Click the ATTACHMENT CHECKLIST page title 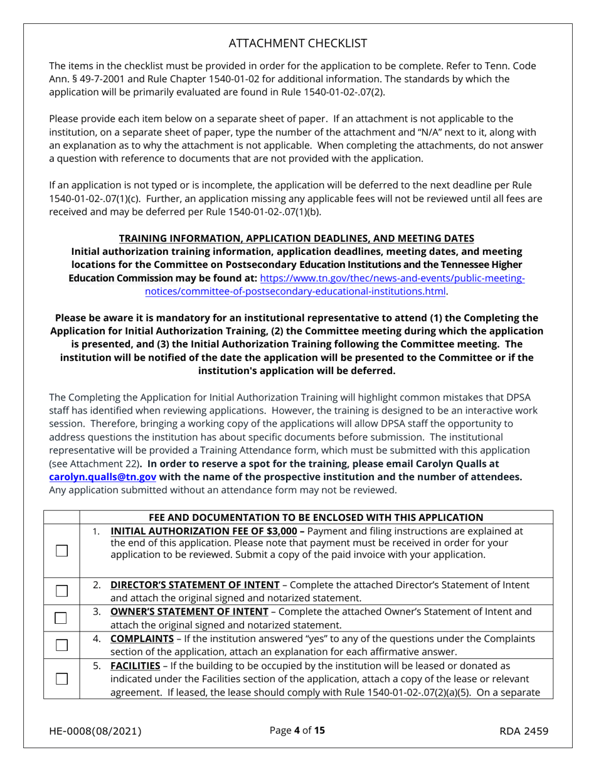coord(298,43)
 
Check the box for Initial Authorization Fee coord(61,550)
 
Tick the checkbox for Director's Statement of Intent coord(61,591)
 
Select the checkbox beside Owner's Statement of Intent coord(61,618)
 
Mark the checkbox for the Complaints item coord(61,645)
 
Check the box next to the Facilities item coord(61,678)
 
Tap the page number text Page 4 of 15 coord(297,731)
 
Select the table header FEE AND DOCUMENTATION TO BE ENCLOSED coord(316,517)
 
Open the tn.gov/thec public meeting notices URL coord(392,278)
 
